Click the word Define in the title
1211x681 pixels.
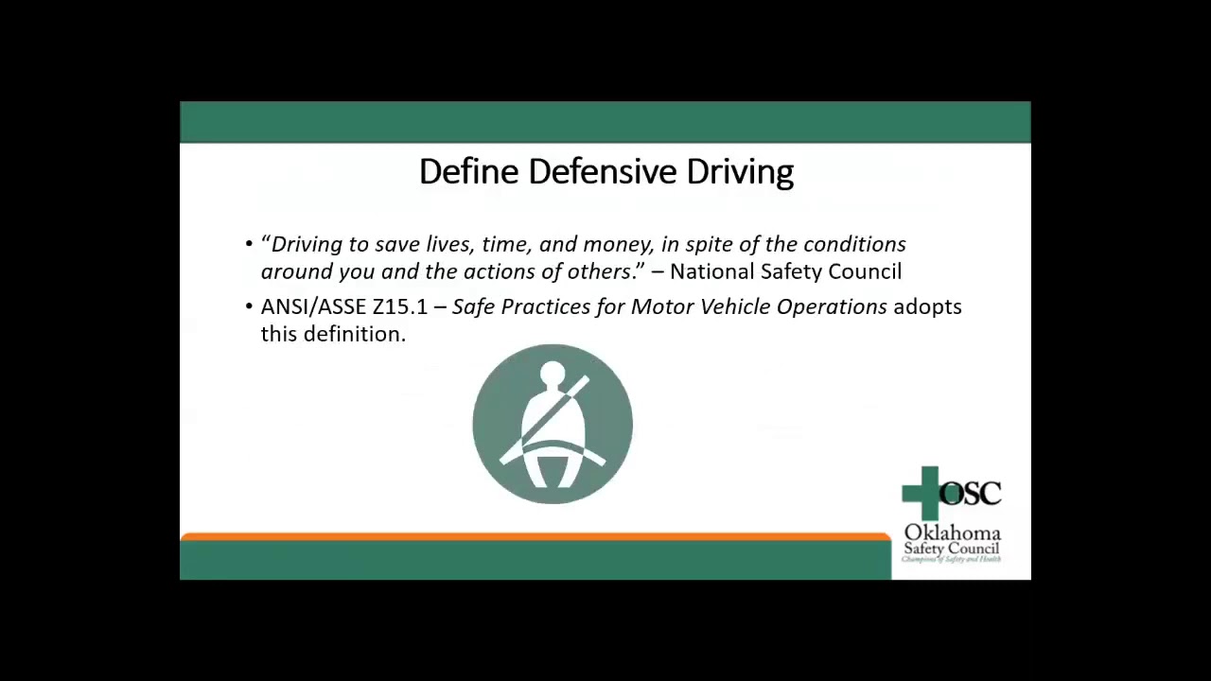coord(469,172)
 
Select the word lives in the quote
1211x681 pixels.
coord(450,244)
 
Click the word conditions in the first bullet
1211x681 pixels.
coord(854,244)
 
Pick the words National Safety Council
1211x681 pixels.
coord(785,271)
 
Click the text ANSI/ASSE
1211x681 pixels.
coord(313,306)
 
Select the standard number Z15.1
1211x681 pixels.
coord(400,306)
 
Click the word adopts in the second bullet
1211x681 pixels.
coord(927,307)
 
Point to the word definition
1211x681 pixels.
coord(355,334)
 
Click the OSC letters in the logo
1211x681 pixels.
coord(972,493)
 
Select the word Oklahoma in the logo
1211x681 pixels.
coord(952,533)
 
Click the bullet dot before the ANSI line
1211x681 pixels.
coord(250,307)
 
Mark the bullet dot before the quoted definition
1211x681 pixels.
coord(250,244)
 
